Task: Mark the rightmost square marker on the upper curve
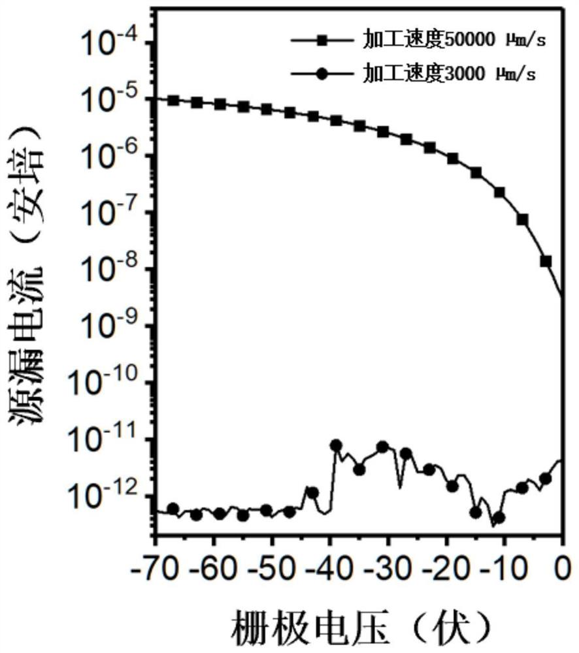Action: pyautogui.click(x=546, y=261)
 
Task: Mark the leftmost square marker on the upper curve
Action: pyautogui.click(x=173, y=100)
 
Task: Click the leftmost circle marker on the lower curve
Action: pyautogui.click(x=173, y=509)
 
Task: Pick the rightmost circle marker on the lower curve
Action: pyautogui.click(x=546, y=479)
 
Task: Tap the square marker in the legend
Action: pyautogui.click(x=320, y=42)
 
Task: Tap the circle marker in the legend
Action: pyautogui.click(x=320, y=74)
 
